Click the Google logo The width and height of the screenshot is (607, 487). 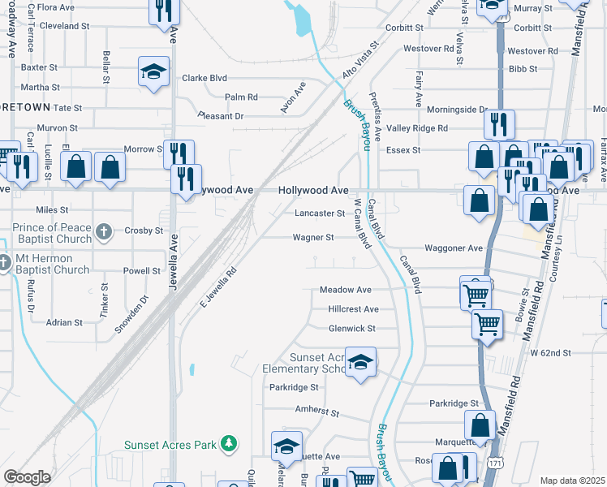[x=27, y=477]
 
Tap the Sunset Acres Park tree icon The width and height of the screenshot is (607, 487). [x=230, y=443]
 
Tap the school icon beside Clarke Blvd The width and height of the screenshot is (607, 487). [x=153, y=71]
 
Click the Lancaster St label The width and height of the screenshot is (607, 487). [x=320, y=213]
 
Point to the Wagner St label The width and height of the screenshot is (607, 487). [x=313, y=238]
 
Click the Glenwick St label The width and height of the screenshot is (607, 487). [x=351, y=329]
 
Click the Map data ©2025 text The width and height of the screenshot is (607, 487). [x=572, y=481]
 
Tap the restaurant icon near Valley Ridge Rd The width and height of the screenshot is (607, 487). [x=498, y=124]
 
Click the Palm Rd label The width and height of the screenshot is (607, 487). [x=241, y=97]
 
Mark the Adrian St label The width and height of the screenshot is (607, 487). [x=64, y=322]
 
